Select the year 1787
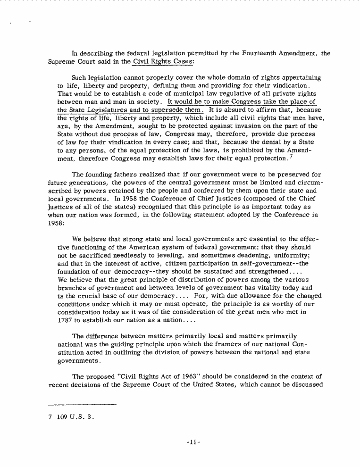pos(65,320)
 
